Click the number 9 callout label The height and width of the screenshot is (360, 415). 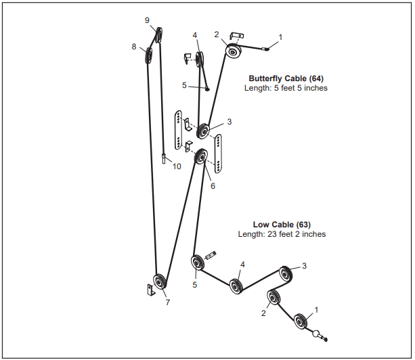click(147, 20)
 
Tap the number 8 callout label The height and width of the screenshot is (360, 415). click(134, 47)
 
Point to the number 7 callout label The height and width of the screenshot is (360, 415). click(168, 302)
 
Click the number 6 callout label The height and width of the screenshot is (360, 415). click(213, 186)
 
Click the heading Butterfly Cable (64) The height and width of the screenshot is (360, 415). click(286, 78)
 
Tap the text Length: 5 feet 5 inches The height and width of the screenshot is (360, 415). click(286, 88)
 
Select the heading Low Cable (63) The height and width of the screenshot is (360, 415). click(282, 224)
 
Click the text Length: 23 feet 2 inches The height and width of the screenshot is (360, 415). click(282, 234)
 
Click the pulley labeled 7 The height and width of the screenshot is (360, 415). click(160, 282)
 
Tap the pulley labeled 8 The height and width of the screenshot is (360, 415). click(148, 56)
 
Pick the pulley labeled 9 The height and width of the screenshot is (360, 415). click(159, 35)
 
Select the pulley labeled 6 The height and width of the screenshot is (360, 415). click(200, 158)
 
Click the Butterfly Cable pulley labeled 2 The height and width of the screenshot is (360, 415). click(232, 51)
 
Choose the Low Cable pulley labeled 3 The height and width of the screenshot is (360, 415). click(286, 273)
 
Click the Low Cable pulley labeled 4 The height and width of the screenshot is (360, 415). click(236, 286)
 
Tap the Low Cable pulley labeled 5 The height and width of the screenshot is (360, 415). click(198, 261)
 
